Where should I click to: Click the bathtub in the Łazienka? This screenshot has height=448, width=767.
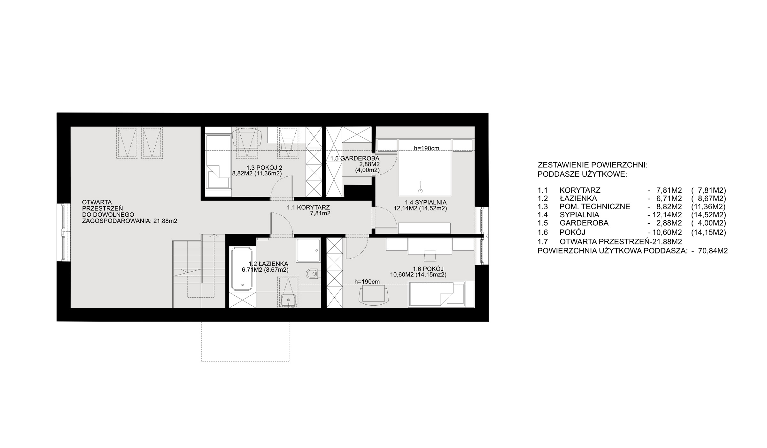point(242,269)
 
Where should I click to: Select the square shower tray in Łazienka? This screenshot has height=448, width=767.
point(308,250)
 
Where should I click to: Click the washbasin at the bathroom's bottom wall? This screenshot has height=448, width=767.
point(289,300)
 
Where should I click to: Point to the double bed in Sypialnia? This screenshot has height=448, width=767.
point(425,167)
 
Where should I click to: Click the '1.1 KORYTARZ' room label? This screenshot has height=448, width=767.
point(308,207)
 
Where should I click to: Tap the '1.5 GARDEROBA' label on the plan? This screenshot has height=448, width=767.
point(355,158)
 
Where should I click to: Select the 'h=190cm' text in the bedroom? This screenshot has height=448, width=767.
point(426,148)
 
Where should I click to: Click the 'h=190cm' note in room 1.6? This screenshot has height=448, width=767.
point(367,282)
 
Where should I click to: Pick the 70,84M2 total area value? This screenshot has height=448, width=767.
point(713,251)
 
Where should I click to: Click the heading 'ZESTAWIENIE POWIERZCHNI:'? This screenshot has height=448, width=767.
point(593,165)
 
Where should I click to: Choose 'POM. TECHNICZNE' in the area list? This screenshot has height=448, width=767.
point(595,207)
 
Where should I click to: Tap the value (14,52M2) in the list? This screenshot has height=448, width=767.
point(708,215)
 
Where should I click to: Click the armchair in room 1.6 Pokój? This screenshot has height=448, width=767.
point(374,294)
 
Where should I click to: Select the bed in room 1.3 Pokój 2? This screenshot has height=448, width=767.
point(218,162)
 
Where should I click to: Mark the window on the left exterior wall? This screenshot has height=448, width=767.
point(64,233)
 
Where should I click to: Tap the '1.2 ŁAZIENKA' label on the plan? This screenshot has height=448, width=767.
point(268,264)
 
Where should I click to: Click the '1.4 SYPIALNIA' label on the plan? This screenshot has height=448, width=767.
point(426,202)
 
